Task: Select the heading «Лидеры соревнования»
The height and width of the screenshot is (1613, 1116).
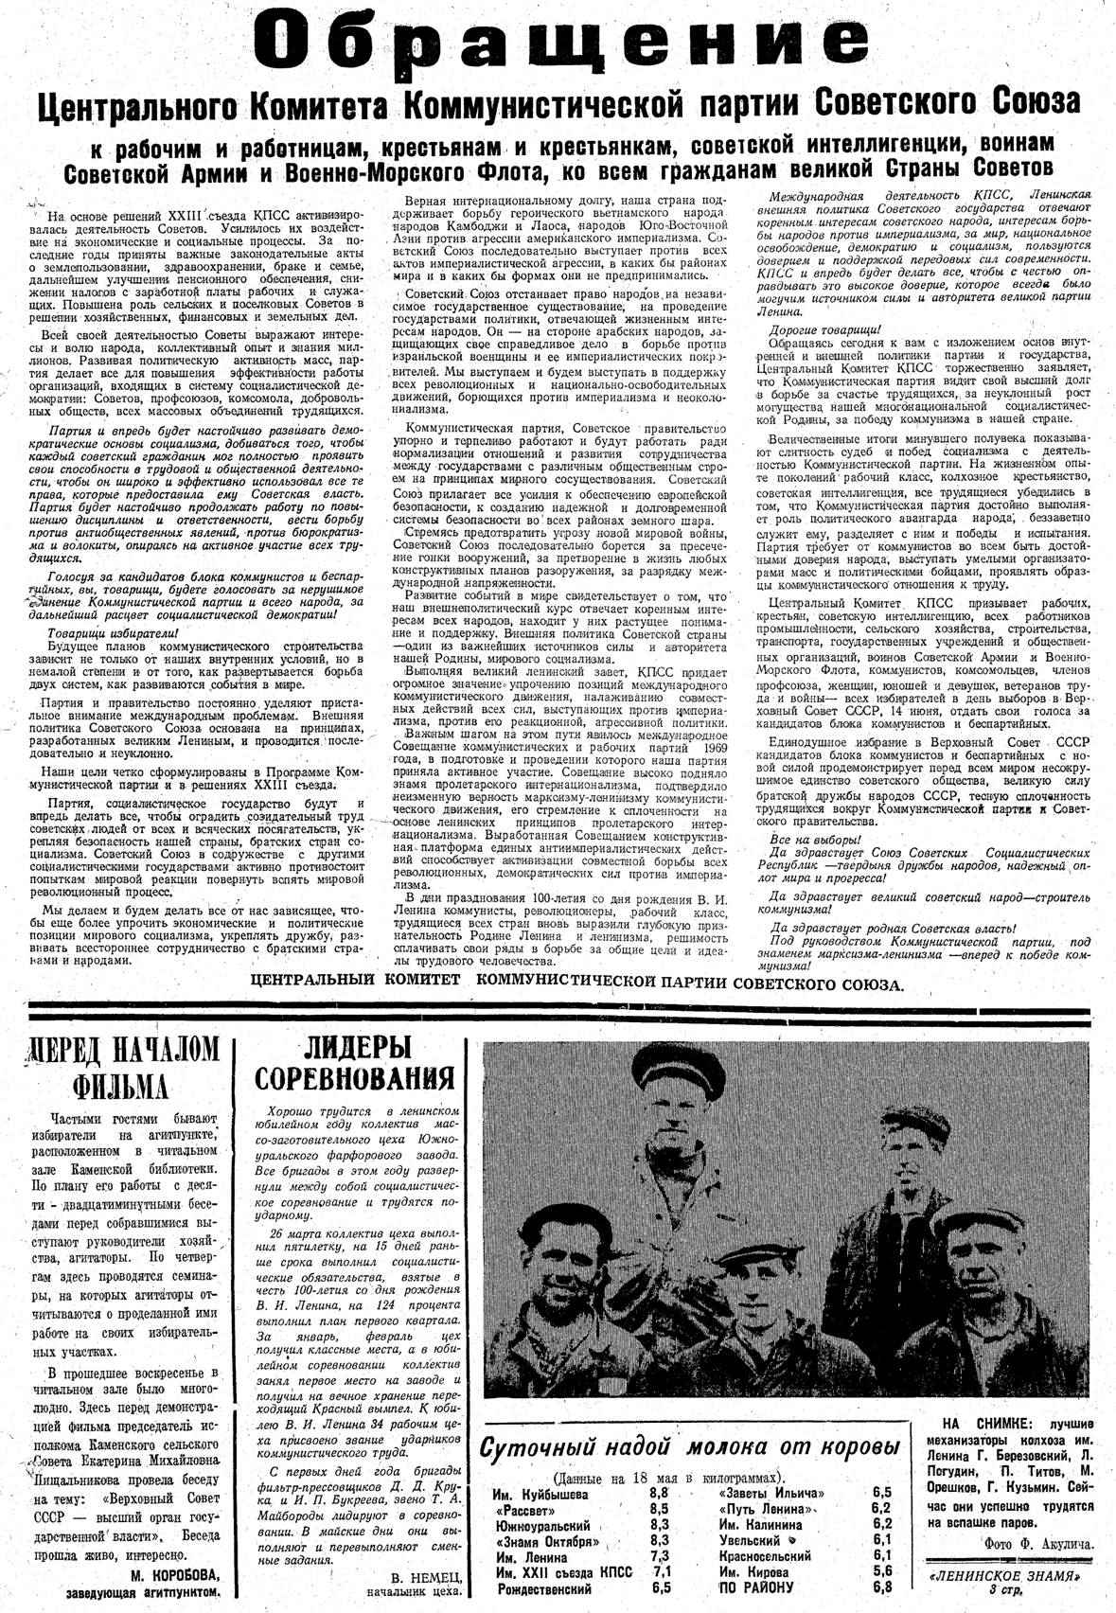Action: (x=354, y=1062)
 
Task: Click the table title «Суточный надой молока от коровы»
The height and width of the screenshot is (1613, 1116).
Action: (x=689, y=1448)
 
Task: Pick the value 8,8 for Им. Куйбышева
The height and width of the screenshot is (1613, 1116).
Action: (x=660, y=1493)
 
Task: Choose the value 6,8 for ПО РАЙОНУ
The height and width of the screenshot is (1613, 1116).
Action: (x=881, y=1587)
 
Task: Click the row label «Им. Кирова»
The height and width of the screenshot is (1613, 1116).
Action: (x=753, y=1571)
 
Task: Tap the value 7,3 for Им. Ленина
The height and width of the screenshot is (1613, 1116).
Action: (x=660, y=1556)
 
